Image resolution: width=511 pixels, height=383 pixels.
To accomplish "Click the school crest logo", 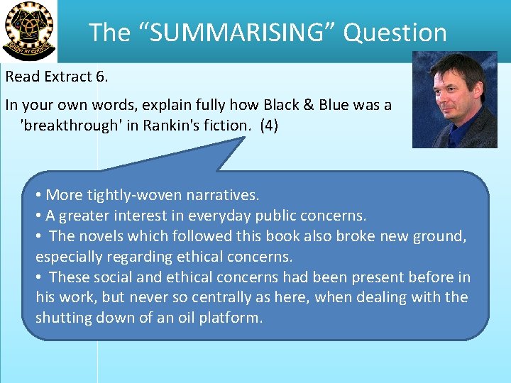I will tap(28, 30).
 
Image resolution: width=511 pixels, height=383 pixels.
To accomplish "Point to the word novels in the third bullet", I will tap(100, 235).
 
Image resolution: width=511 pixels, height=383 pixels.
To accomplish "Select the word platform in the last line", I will tap(233, 318).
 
